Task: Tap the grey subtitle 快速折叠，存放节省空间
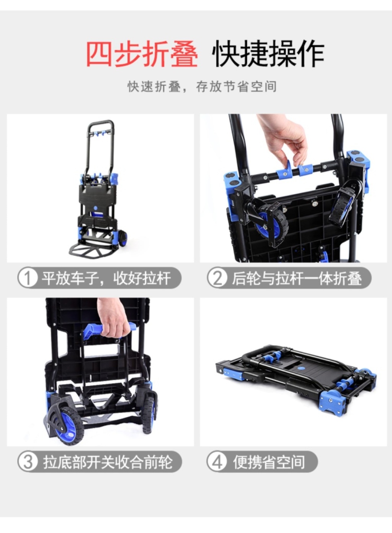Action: pos(202,86)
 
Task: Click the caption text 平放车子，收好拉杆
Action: pos(106,278)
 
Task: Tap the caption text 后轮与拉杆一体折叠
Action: pos(297,278)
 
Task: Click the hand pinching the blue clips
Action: pos(284,140)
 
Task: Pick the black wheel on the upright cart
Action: pos(123,238)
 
